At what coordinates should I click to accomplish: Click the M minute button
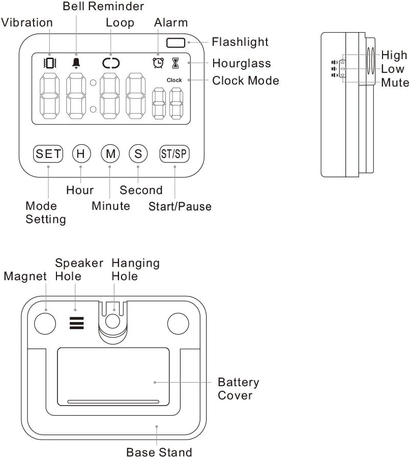point(109,153)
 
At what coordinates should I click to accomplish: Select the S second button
point(138,153)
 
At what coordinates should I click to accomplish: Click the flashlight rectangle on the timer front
point(176,43)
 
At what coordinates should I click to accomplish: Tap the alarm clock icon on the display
point(158,63)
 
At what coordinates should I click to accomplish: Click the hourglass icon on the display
point(175,63)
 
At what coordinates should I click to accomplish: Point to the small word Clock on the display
point(174,80)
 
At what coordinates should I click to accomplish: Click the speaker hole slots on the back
point(77,322)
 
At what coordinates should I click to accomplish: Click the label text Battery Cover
point(238,388)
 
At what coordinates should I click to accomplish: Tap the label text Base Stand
point(159,452)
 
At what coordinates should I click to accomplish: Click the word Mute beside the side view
point(395,82)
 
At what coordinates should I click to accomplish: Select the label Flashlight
point(240,42)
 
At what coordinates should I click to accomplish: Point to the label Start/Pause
point(180,206)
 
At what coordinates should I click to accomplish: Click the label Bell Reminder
point(103,7)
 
